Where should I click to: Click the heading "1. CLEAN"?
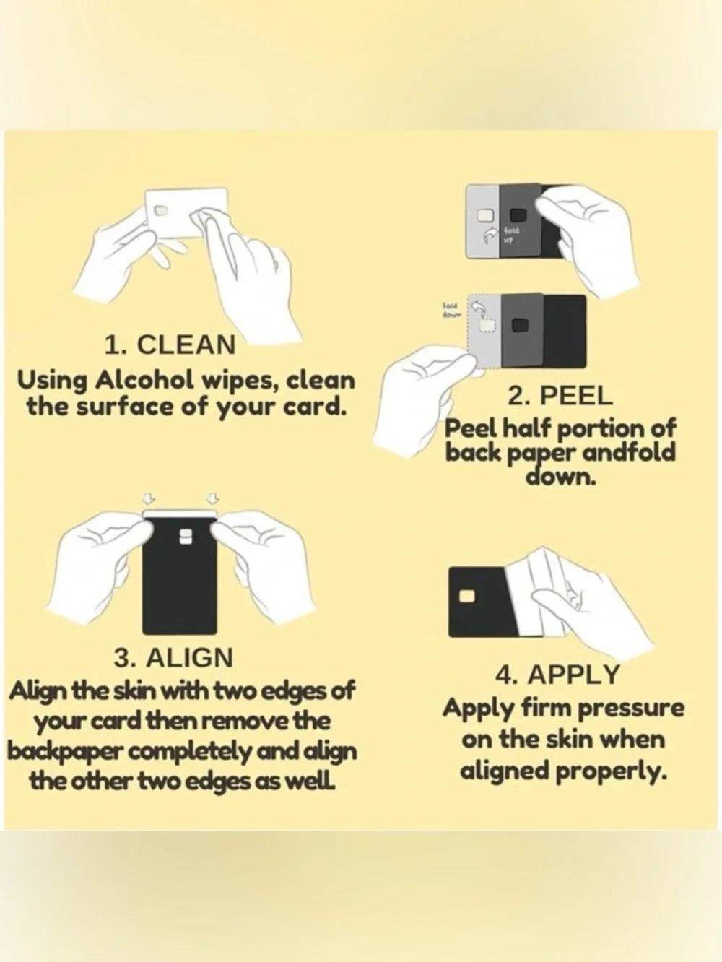(x=170, y=344)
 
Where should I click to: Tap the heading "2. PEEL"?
(x=560, y=396)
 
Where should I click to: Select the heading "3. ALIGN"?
(x=173, y=657)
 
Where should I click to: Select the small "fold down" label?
(x=451, y=310)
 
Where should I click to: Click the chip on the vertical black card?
(x=186, y=537)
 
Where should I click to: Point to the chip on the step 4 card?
(x=467, y=596)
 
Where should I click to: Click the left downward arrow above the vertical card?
(x=148, y=498)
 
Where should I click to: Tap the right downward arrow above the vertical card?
(x=214, y=498)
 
